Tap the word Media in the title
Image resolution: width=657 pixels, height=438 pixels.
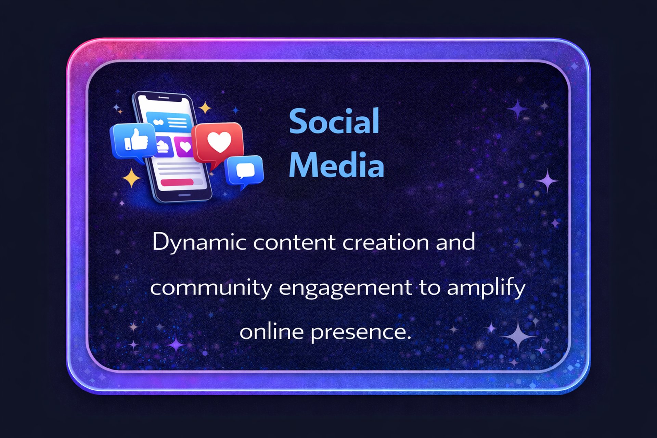pyautogui.click(x=336, y=165)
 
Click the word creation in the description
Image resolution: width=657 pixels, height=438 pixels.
pyautogui.click(x=386, y=242)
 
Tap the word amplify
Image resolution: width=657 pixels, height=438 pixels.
pyautogui.click(x=486, y=287)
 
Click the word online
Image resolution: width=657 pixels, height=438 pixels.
pyautogui.click(x=271, y=331)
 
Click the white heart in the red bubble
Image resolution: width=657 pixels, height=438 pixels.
pyautogui.click(x=219, y=142)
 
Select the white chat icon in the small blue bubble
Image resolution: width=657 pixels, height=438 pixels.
pyautogui.click(x=245, y=170)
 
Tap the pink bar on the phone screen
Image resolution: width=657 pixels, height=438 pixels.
pyautogui.click(x=177, y=182)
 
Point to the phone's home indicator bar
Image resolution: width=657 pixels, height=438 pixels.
pyautogui.click(x=185, y=195)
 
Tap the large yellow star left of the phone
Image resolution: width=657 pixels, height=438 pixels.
pyautogui.click(x=131, y=178)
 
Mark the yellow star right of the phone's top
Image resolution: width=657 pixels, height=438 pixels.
pyautogui.click(x=205, y=108)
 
